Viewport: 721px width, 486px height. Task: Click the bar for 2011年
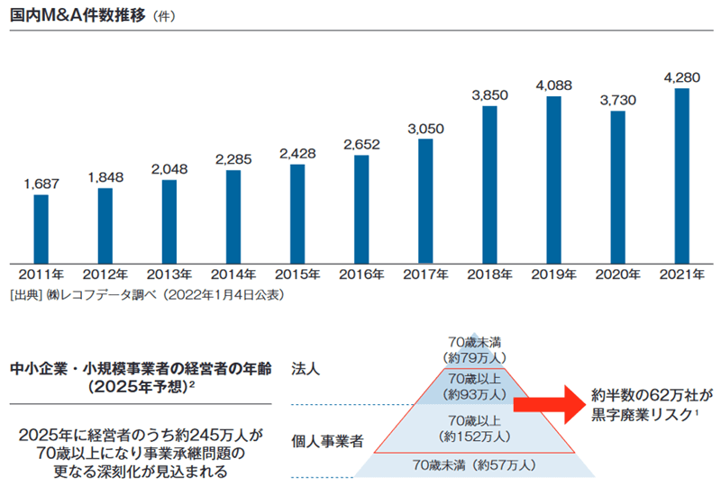(x=41, y=226)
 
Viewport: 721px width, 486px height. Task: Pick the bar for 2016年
(x=361, y=206)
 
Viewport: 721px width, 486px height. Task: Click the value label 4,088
(x=553, y=85)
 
